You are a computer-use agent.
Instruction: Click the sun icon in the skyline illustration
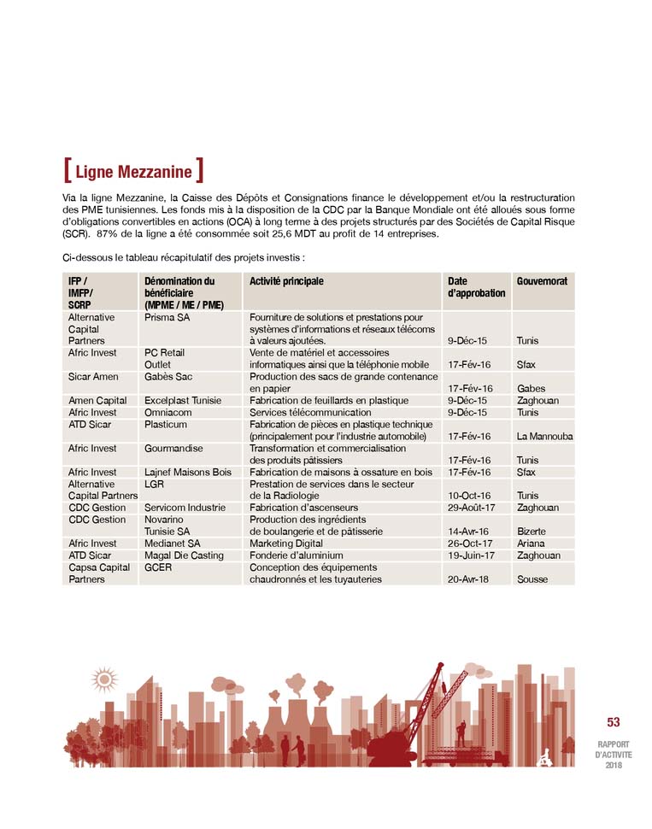tap(105, 679)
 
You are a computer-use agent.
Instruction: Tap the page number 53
tap(614, 722)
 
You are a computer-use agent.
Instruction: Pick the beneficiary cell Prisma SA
tap(167, 317)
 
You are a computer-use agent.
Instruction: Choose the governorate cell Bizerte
tap(532, 531)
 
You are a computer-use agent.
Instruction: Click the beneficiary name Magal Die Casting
tap(184, 555)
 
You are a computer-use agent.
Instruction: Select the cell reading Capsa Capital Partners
tap(98, 573)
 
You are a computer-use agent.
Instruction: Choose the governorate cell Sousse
tap(533, 579)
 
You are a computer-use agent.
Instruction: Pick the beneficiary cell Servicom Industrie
tap(185, 507)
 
